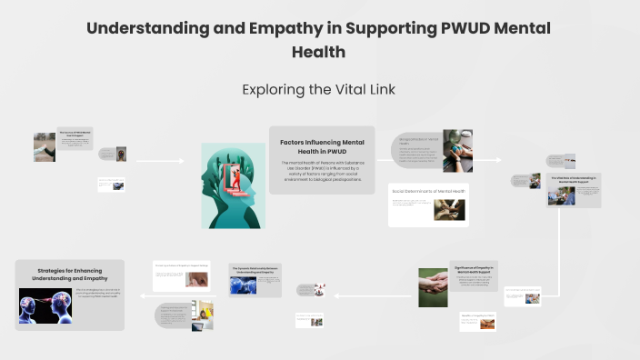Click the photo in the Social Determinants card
point(448,208)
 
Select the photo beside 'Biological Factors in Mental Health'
point(457,151)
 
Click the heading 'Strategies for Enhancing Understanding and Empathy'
point(70,274)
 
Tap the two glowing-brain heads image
point(45,306)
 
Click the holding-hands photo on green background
point(433,287)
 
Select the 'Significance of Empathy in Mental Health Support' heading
point(475,270)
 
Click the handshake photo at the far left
point(45,145)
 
